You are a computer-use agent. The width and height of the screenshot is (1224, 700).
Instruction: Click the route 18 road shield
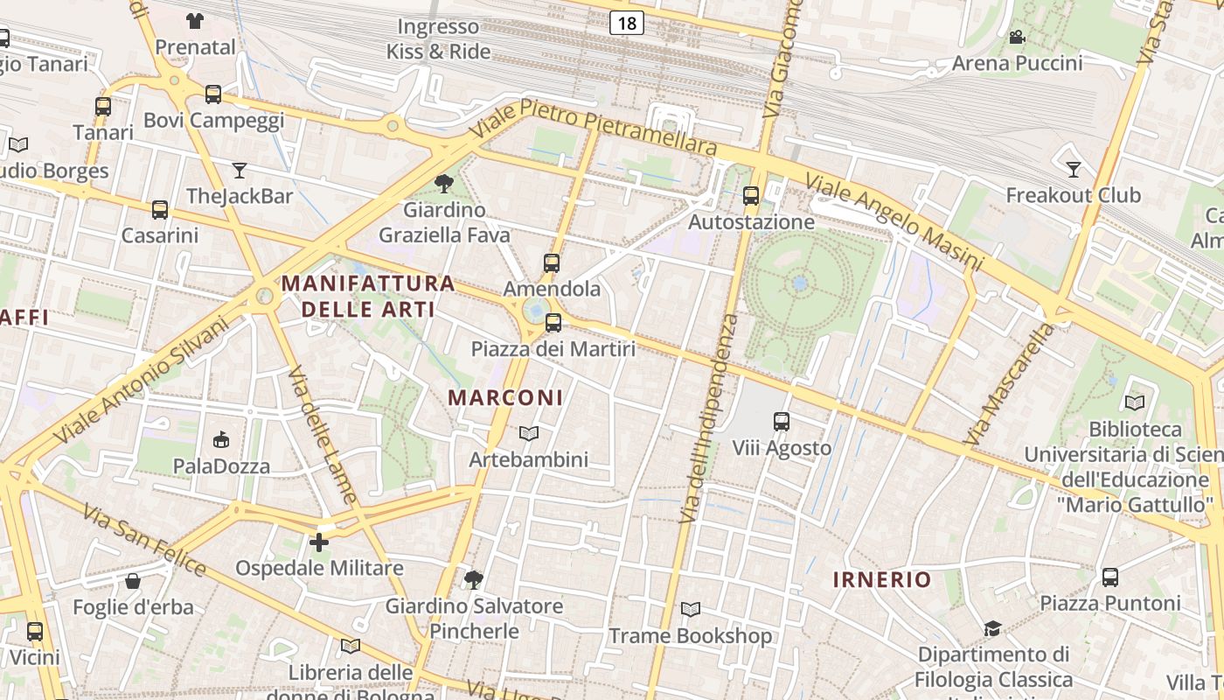(x=627, y=23)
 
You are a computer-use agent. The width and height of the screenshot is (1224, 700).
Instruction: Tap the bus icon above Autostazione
(x=751, y=196)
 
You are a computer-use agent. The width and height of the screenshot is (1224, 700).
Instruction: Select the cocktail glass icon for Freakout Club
(x=1074, y=169)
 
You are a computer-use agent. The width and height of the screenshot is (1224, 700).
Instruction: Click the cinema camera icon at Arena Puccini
(x=1017, y=37)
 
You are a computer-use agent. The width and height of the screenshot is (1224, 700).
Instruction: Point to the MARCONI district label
(x=505, y=397)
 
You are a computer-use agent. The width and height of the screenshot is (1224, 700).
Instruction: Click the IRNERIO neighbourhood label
(x=882, y=579)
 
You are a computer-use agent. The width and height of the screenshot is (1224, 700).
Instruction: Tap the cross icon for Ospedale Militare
(x=319, y=542)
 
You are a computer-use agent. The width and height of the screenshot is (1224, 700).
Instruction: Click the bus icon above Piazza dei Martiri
(x=553, y=323)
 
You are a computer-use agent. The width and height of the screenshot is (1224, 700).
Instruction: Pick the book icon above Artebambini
(x=528, y=433)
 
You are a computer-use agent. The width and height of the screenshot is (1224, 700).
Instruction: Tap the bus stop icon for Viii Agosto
(x=782, y=422)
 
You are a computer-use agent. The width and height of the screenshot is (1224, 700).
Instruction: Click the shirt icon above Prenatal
(x=195, y=20)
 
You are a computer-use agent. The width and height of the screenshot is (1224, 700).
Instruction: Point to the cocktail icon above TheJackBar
(x=240, y=170)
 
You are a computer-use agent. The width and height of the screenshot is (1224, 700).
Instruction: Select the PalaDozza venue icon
(x=221, y=439)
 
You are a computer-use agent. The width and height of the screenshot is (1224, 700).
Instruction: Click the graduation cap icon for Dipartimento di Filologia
(x=992, y=628)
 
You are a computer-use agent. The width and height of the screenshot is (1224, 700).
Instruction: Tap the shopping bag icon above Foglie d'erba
(x=133, y=581)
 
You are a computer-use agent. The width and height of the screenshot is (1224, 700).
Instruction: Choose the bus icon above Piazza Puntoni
(x=1110, y=577)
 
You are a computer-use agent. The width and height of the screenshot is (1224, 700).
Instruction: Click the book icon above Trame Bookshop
(x=691, y=609)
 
